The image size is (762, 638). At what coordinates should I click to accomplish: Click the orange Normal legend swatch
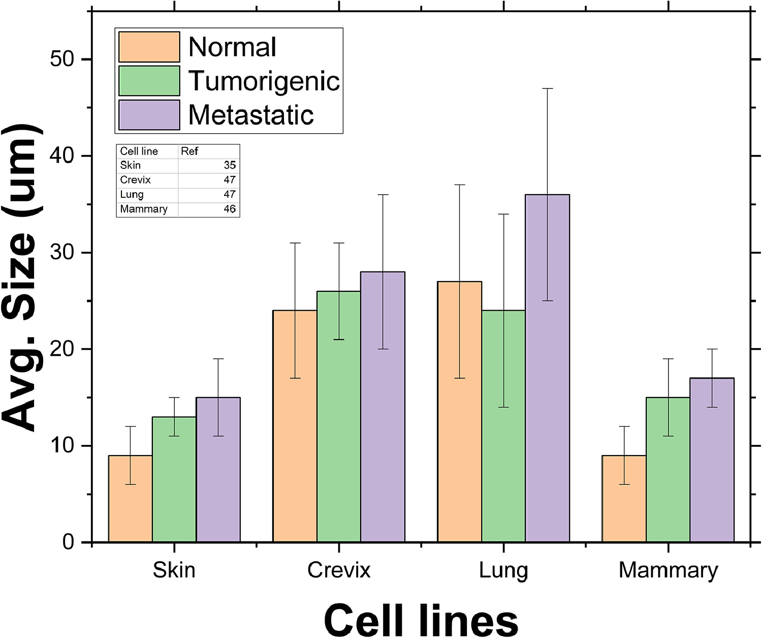point(149,47)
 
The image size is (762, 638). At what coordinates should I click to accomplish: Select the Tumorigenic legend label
point(264,81)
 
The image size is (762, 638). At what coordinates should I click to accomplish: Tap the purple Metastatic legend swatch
point(149,115)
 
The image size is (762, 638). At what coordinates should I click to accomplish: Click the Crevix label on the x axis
point(339,570)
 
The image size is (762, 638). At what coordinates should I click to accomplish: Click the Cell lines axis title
point(421,619)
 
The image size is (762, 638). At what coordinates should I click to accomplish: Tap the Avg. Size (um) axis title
point(21,277)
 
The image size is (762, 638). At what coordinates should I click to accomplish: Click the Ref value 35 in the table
point(230,165)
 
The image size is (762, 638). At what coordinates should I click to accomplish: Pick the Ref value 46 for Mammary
point(230,209)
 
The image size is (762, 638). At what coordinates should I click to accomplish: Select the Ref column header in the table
point(189,151)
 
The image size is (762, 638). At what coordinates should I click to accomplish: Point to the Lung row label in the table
point(132,194)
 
